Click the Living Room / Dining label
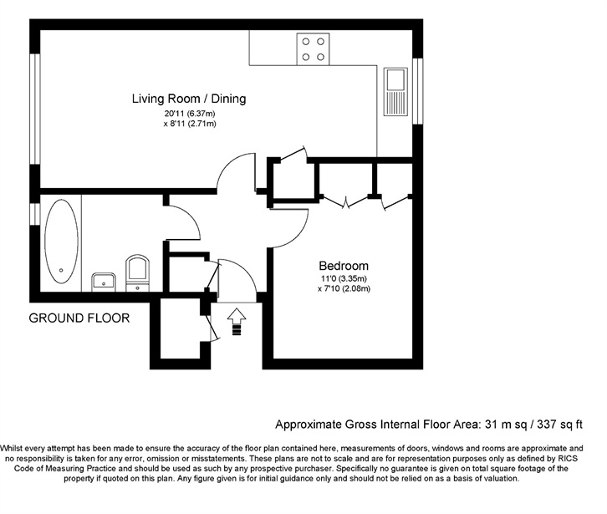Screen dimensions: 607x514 [189, 99]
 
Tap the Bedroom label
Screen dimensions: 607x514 [344, 266]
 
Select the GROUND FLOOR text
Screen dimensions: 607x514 [79, 318]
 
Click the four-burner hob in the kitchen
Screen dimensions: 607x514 [314, 49]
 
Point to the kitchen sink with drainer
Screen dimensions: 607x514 [395, 92]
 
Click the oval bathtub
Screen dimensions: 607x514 [61, 242]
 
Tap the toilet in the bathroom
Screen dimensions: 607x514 [137, 272]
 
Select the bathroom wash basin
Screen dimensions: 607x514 [104, 282]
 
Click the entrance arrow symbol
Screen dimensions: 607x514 [236, 322]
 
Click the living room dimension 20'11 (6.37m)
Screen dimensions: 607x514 [189, 114]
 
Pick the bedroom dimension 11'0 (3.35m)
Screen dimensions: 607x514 [344, 278]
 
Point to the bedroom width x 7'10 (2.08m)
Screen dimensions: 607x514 [344, 288]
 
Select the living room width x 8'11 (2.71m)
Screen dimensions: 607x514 [189, 124]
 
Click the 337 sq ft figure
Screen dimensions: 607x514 [559, 425]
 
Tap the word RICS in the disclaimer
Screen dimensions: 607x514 [567, 459]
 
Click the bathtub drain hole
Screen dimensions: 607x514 [61, 270]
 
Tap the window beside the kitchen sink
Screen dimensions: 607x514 [417, 91]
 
